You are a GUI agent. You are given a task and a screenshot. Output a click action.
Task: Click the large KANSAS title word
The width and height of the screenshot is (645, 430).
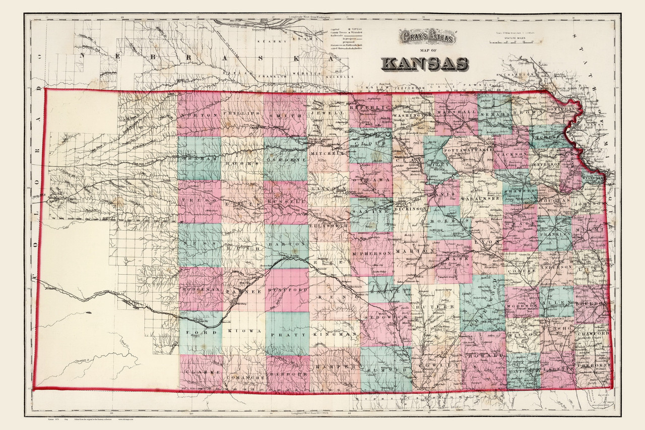click(x=425, y=64)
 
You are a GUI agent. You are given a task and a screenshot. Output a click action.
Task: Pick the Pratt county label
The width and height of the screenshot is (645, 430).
click(x=288, y=334)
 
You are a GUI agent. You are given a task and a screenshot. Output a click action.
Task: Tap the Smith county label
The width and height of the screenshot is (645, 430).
click(x=285, y=114)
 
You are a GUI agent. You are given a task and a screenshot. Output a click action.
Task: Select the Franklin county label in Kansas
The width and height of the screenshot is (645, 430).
click(x=555, y=235)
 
